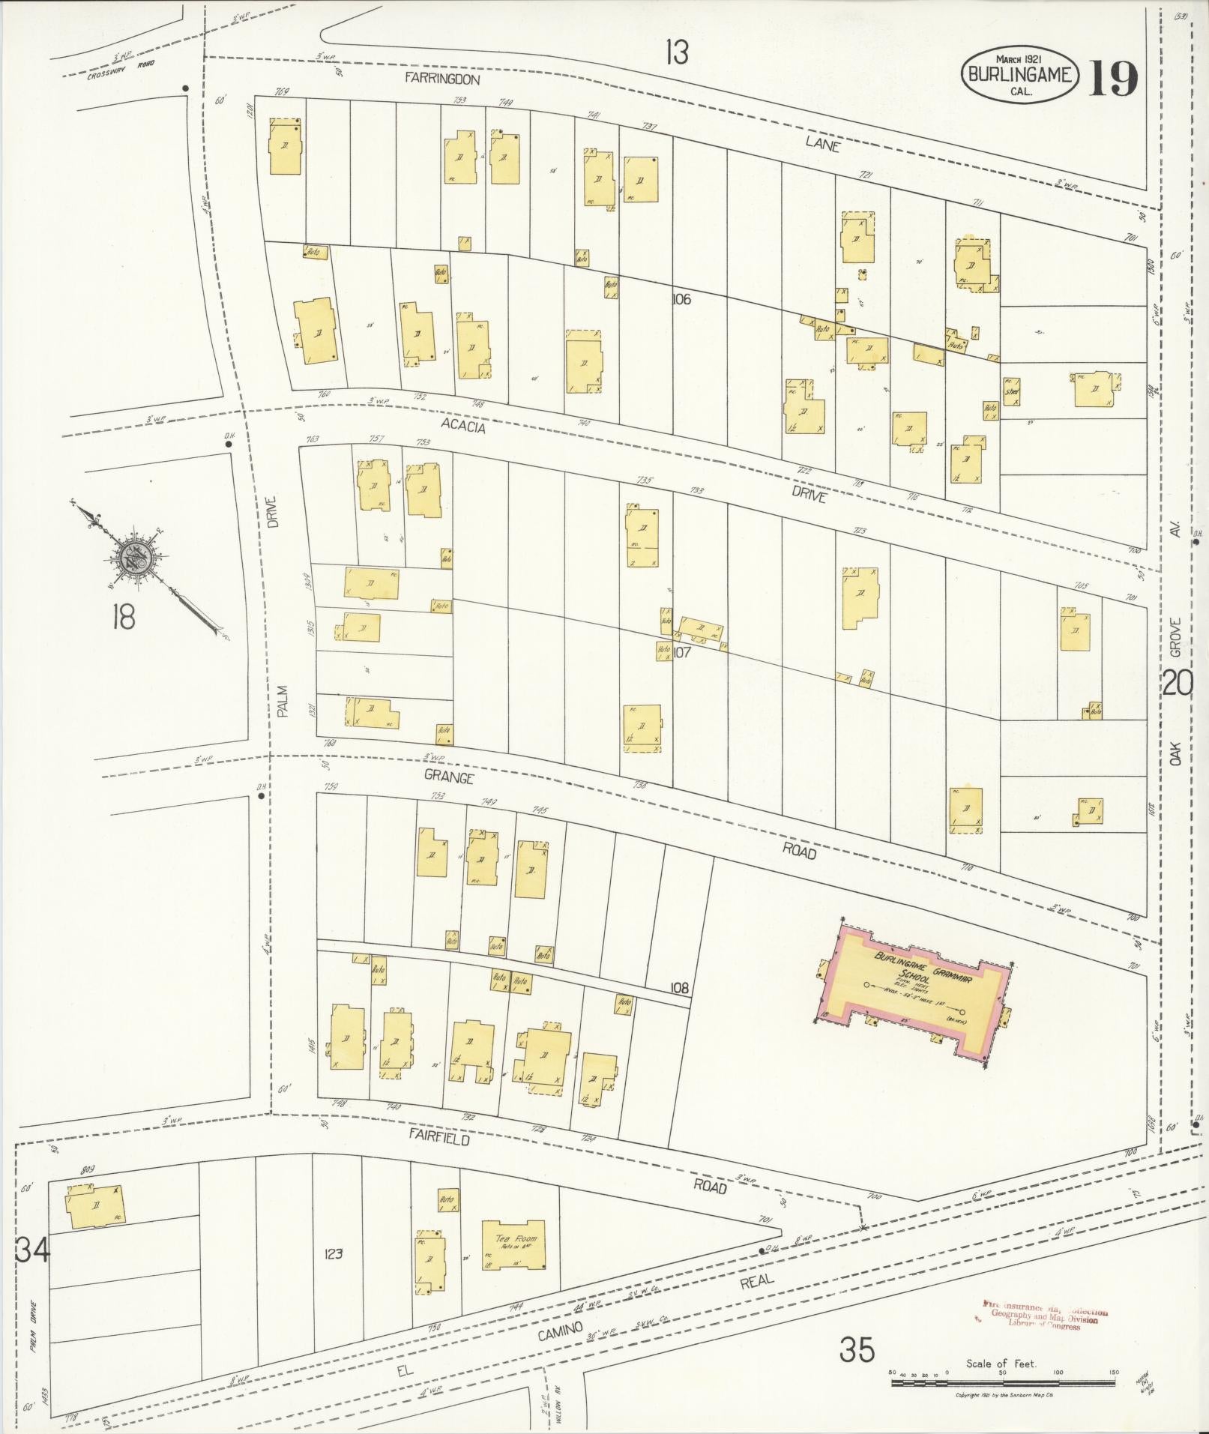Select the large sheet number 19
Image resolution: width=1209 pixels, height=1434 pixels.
point(1113,78)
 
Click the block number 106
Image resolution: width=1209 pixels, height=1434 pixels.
point(681,299)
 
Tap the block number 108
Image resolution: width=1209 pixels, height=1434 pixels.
point(679,988)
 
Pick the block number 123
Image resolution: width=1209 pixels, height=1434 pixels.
point(334,1253)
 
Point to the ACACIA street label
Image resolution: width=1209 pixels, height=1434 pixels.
point(464,426)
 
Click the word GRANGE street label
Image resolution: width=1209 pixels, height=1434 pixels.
point(448,777)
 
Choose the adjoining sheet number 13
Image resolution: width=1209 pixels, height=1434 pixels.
point(676,52)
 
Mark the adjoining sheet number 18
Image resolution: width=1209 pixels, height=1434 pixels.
point(122,618)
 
